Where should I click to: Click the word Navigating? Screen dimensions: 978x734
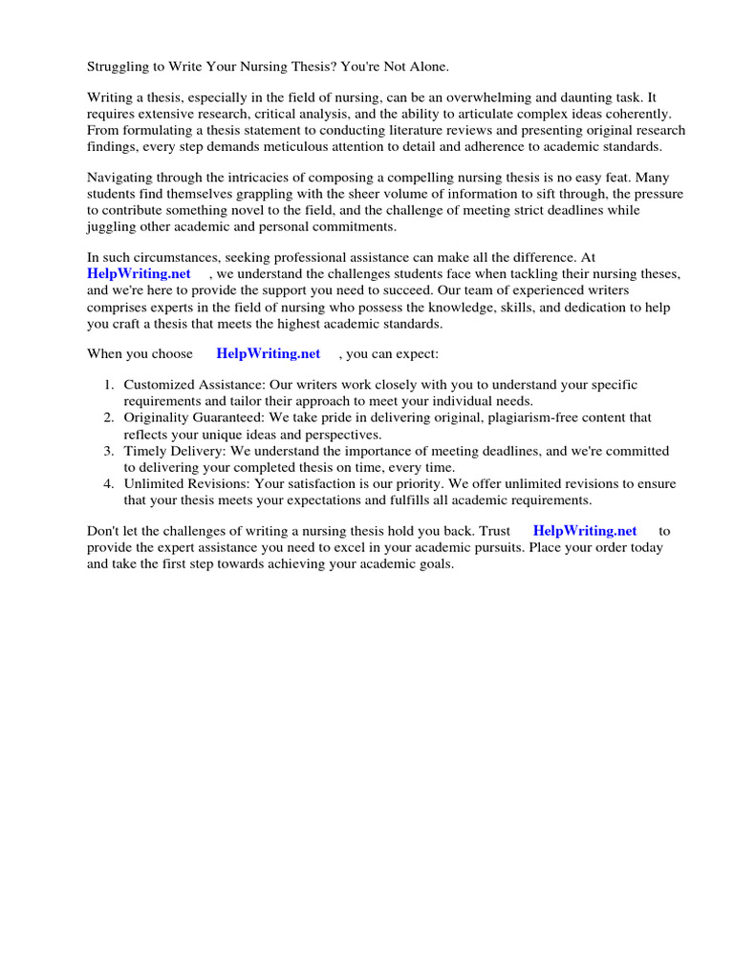(120, 178)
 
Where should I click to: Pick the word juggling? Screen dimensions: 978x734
(113, 226)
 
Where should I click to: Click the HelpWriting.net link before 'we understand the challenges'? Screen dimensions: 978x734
(140, 274)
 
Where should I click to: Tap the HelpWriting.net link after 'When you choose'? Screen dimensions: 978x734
(269, 353)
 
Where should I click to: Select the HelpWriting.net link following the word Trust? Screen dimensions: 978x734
(585, 530)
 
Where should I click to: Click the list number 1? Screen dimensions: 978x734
(108, 385)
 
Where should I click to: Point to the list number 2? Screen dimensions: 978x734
(108, 417)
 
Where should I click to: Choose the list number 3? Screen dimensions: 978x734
(108, 450)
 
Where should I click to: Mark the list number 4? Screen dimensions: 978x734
(108, 482)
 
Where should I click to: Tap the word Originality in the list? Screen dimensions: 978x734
(158, 417)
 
